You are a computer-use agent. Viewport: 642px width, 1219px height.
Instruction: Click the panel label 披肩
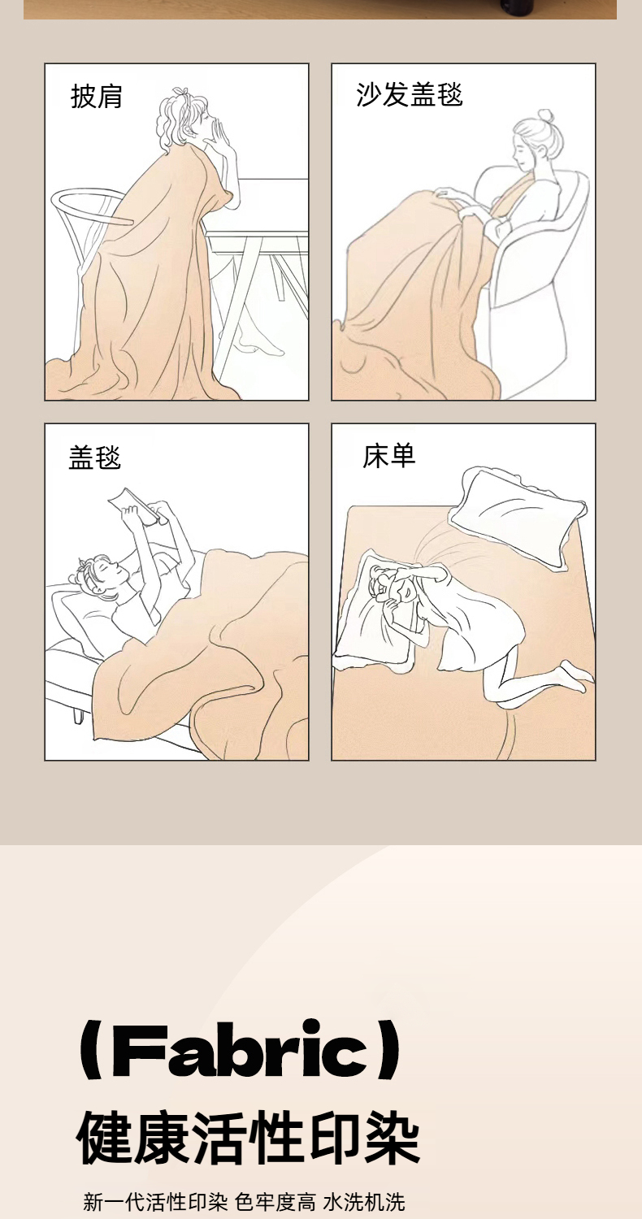(x=96, y=97)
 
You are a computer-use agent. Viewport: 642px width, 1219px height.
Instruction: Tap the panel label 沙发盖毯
(x=409, y=95)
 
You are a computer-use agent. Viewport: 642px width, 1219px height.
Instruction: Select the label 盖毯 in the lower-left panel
(x=94, y=457)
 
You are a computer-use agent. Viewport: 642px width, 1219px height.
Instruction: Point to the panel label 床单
(x=389, y=456)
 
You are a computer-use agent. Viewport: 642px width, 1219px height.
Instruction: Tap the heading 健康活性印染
(x=248, y=1139)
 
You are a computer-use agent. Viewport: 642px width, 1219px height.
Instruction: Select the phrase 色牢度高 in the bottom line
(x=275, y=1201)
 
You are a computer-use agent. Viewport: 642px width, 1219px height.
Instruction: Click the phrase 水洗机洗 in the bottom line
(x=364, y=1201)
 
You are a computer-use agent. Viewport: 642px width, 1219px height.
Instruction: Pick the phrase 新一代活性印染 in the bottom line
(x=155, y=1201)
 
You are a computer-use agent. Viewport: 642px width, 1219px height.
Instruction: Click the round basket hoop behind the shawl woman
(x=91, y=207)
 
